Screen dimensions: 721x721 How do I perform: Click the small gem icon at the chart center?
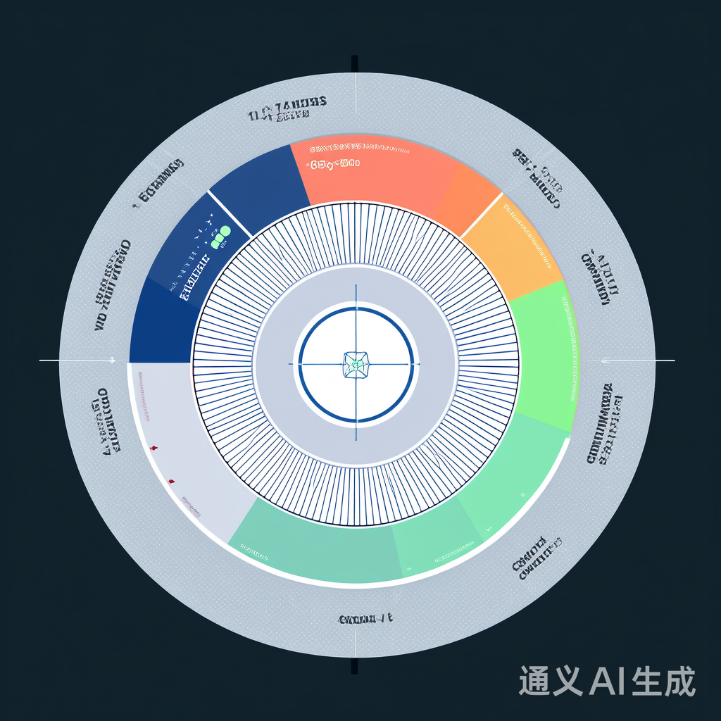[x=356, y=364]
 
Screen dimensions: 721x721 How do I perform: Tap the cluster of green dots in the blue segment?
[x=221, y=237]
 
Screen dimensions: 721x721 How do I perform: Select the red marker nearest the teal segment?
[x=171, y=481]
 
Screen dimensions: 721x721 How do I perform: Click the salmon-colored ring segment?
[x=373, y=176]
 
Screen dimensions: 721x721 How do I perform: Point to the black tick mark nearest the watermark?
[x=354, y=666]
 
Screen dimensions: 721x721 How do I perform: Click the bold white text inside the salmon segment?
[x=333, y=164]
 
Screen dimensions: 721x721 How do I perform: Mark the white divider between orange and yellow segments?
[x=481, y=214]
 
